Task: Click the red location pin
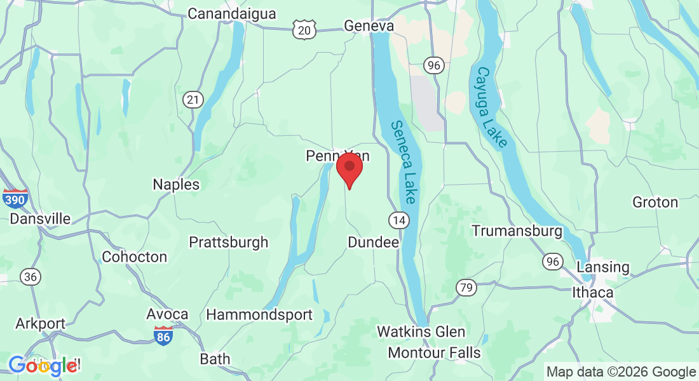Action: pyautogui.click(x=349, y=167)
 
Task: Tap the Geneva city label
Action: pyautogui.click(x=369, y=26)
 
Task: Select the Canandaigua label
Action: pyautogui.click(x=232, y=13)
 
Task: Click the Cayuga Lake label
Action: pyautogui.click(x=491, y=107)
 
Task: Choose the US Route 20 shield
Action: pyautogui.click(x=305, y=29)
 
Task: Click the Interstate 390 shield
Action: pyautogui.click(x=15, y=199)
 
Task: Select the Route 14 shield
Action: pyautogui.click(x=398, y=220)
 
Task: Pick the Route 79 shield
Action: pyautogui.click(x=466, y=288)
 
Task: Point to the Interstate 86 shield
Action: pyautogui.click(x=163, y=336)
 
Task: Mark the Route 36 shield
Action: pyautogui.click(x=29, y=276)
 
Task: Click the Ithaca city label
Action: pyautogui.click(x=593, y=293)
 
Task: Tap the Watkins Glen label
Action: pyautogui.click(x=421, y=331)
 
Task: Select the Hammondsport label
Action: pyautogui.click(x=259, y=314)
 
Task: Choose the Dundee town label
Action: pyautogui.click(x=373, y=243)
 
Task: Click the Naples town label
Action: pyautogui.click(x=176, y=185)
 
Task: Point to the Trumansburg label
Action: pyautogui.click(x=517, y=231)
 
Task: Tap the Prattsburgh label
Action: pyautogui.click(x=229, y=243)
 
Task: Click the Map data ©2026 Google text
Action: pyautogui.click(x=621, y=371)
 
